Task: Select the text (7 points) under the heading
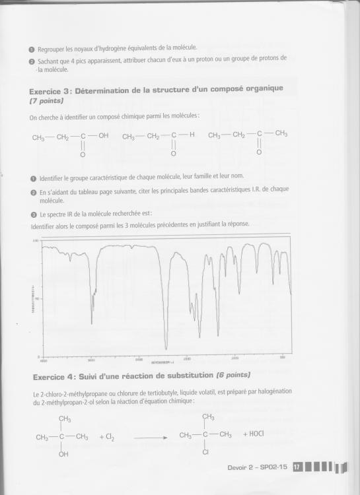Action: click(x=46, y=101)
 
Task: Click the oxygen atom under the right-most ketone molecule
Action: click(x=259, y=154)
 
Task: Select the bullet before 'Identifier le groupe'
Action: click(x=33, y=178)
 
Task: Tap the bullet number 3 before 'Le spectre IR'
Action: click(x=33, y=214)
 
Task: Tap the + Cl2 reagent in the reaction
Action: click(x=107, y=436)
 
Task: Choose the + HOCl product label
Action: click(x=255, y=434)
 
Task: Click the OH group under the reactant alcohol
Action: click(x=63, y=454)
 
